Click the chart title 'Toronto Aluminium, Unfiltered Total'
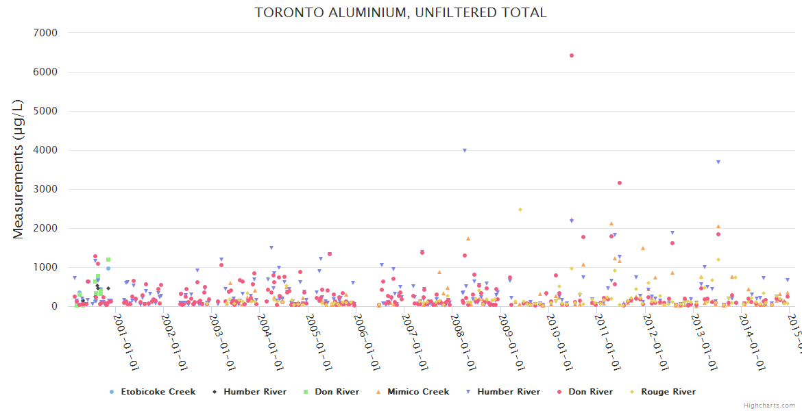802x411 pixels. point(401,13)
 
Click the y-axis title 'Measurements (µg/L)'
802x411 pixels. point(19,169)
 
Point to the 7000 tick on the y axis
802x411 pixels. point(47,33)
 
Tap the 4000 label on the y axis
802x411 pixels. point(47,150)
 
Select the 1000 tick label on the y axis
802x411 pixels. point(47,267)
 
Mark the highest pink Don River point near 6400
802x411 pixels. point(572,55)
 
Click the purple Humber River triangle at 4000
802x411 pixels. point(465,151)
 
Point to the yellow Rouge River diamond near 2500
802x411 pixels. point(520,210)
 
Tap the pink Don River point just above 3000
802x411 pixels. point(620,183)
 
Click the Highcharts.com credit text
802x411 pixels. point(769,406)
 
